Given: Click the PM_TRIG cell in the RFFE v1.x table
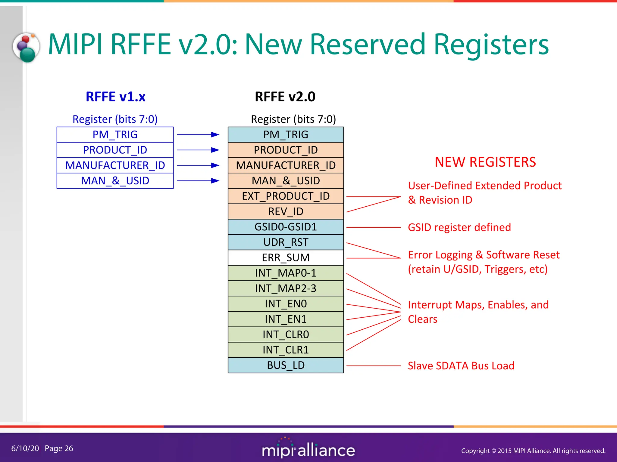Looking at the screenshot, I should point(115,134).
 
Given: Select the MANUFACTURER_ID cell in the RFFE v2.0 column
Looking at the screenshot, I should point(286,165).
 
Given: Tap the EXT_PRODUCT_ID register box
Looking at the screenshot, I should point(286,196).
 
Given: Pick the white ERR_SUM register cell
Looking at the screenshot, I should point(286,257).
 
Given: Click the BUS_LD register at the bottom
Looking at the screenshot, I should point(286,365).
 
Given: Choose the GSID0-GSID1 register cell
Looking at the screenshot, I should point(286,227).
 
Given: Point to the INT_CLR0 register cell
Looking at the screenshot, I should point(286,334).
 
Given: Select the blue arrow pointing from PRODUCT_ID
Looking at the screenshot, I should point(198,150).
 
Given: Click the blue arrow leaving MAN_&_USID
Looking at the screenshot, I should point(198,181).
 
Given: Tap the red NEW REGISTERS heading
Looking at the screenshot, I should point(485,162).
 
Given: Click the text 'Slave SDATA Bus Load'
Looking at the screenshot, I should point(461,366).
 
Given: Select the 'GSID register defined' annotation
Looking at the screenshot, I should point(459,227).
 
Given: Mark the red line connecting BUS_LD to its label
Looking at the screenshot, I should point(374,366).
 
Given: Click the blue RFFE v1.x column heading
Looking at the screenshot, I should point(115,97).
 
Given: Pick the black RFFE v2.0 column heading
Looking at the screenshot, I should point(285,97).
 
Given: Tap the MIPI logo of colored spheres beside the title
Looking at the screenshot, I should point(27,48).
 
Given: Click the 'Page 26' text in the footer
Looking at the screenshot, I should point(59,448).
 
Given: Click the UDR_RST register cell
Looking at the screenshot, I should point(286,242).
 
